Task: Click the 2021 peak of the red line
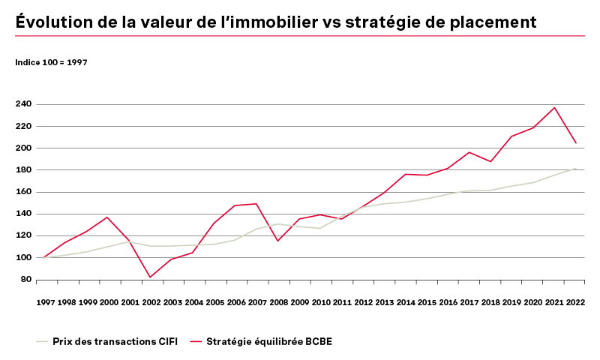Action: [555, 107]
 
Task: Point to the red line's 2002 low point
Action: [150, 277]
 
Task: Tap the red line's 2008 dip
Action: [278, 241]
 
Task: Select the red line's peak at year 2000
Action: [108, 217]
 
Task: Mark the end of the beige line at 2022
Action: [575, 169]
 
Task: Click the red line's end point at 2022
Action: [575, 142]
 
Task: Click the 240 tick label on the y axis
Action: [22, 104]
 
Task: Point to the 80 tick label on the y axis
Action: [25, 280]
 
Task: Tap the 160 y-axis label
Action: [22, 192]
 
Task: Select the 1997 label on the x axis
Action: [45, 302]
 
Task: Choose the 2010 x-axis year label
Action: [322, 302]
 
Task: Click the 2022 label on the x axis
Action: [576, 302]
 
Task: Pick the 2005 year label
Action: [215, 302]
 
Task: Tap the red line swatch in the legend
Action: [197, 341]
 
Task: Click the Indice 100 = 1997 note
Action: [51, 62]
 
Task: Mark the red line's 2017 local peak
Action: [469, 152]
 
